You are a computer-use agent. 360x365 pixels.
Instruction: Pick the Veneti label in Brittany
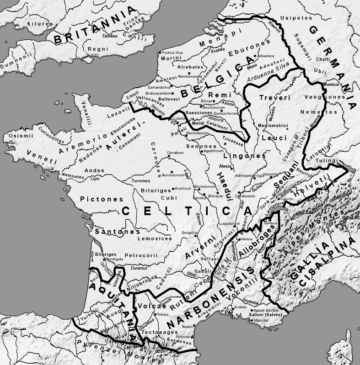[42, 157]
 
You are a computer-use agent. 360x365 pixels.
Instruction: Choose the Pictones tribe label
[102, 199]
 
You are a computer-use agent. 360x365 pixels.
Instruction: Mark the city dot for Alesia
[218, 167]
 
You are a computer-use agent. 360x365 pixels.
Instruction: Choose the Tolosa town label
[163, 314]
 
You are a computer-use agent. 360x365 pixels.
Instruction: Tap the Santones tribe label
[117, 232]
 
